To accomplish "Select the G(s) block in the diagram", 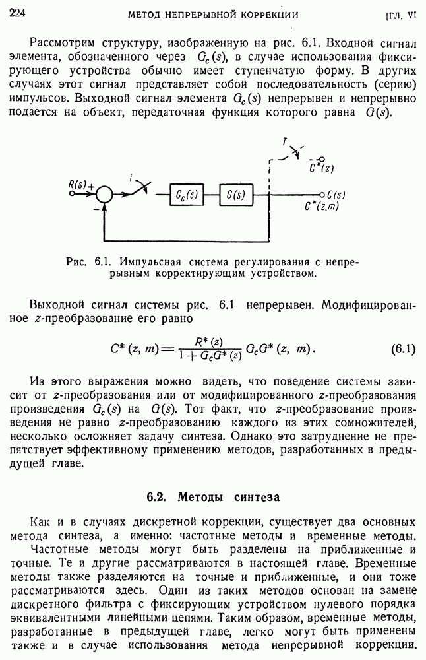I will (236, 195).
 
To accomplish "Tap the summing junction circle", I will (104, 195).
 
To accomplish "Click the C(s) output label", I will (336, 195).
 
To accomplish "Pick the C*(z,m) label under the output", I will (323, 206).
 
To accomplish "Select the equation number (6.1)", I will (403, 348).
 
